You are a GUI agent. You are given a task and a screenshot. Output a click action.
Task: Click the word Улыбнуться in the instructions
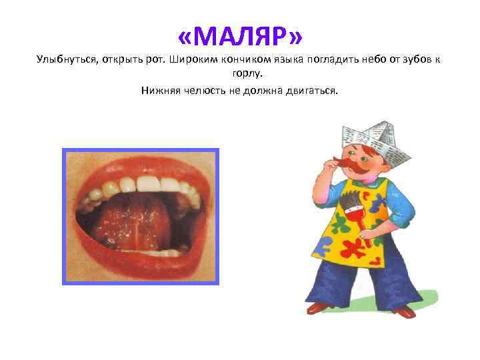(x=65, y=61)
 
